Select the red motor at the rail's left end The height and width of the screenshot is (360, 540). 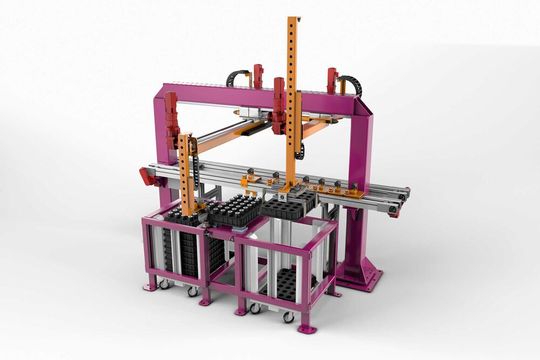[146, 177]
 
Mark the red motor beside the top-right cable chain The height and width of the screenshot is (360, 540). [331, 78]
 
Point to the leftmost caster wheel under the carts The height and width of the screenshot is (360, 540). [163, 285]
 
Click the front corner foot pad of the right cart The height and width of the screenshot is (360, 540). [306, 327]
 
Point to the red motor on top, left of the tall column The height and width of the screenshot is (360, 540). [257, 75]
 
